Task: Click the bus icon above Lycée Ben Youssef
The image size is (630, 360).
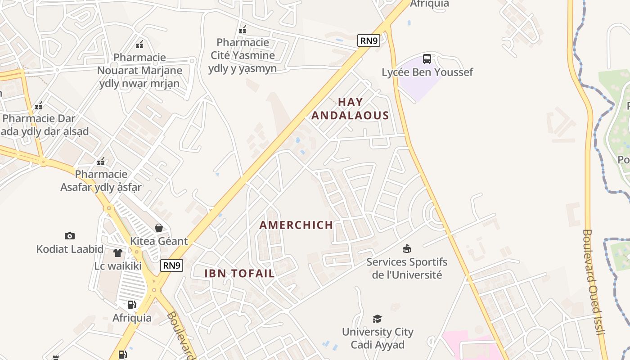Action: click(427, 59)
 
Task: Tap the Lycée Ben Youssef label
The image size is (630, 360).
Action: click(427, 72)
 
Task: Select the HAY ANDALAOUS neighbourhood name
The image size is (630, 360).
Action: click(350, 109)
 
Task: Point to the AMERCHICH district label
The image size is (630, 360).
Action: click(297, 225)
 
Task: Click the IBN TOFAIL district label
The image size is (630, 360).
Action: click(239, 273)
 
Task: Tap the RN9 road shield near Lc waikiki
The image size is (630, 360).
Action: click(172, 265)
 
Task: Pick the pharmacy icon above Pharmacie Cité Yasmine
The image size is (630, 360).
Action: click(243, 30)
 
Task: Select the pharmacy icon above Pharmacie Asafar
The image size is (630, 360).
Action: click(101, 162)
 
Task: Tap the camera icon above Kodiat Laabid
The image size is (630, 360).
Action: click(69, 236)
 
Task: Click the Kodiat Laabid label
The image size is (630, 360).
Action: click(70, 249)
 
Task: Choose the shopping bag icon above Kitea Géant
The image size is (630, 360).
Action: click(158, 228)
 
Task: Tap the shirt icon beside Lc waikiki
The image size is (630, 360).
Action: click(117, 253)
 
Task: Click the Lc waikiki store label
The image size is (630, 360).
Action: click(118, 265)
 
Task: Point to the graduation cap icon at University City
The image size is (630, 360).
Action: click(377, 319)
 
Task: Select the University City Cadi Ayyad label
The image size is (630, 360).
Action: click(378, 338)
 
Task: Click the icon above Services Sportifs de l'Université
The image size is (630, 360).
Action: click(407, 248)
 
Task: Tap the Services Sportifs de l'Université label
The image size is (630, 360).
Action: click(407, 268)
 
